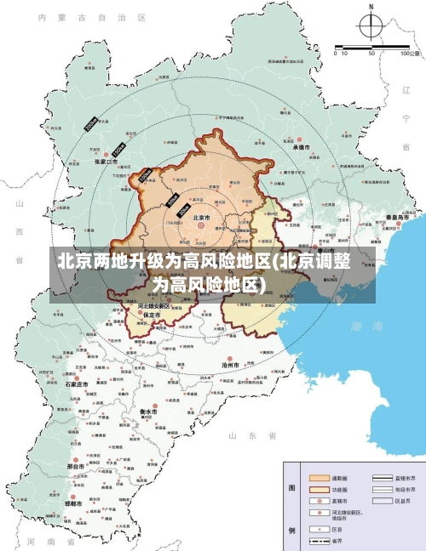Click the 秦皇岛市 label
pyautogui.click(x=398, y=217)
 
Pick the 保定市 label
pyautogui.click(x=153, y=314)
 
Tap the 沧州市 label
pyautogui.click(x=229, y=364)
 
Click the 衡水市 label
pyautogui.click(x=148, y=412)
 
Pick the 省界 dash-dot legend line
pyautogui.click(x=319, y=541)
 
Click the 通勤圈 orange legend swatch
pyautogui.click(x=319, y=478)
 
